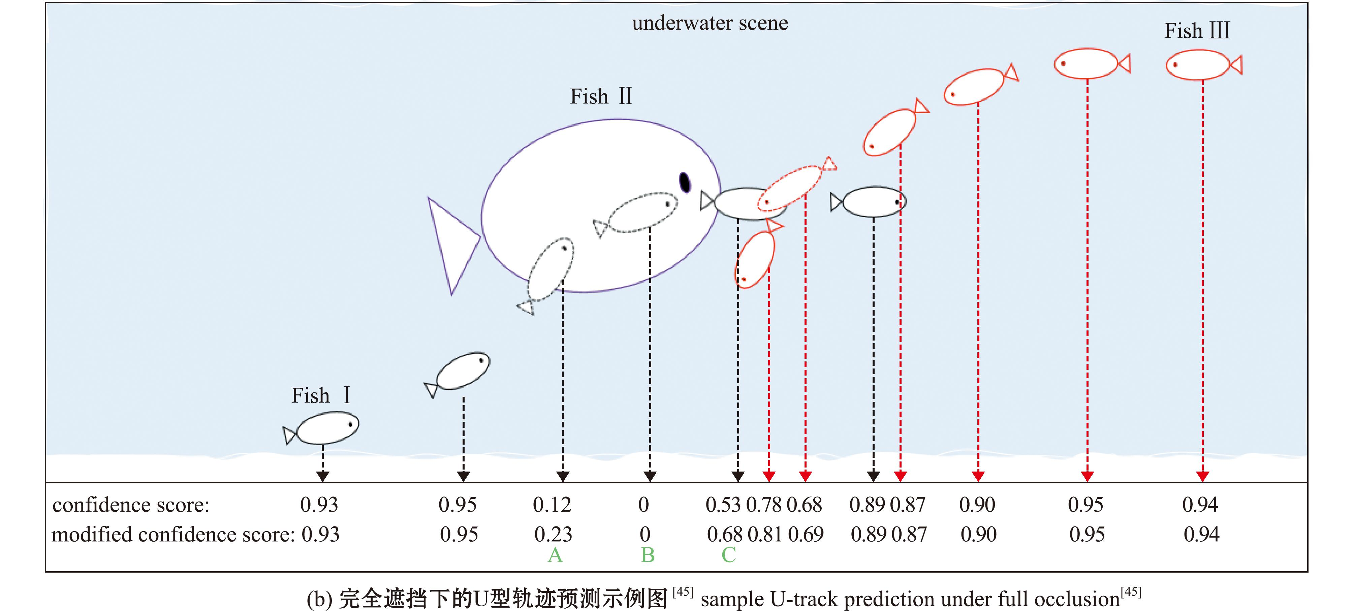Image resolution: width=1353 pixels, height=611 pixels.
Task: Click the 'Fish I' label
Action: pos(320,395)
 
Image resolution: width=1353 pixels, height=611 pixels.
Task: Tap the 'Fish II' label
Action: pos(601,97)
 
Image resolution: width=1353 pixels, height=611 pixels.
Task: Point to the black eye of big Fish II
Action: pos(684,182)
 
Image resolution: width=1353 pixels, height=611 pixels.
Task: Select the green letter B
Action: pos(648,555)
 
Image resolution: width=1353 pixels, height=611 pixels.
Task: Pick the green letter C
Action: pos(728,555)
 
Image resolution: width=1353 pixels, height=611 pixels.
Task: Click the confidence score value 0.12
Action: pos(552,505)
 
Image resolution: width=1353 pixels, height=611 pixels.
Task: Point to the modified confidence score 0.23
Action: pos(553,534)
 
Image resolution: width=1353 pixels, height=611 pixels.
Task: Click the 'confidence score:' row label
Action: pos(131,505)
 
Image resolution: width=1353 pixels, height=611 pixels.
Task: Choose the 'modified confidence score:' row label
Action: pos(173,534)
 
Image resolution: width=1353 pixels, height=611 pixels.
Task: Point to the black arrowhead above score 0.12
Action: pos(563,476)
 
